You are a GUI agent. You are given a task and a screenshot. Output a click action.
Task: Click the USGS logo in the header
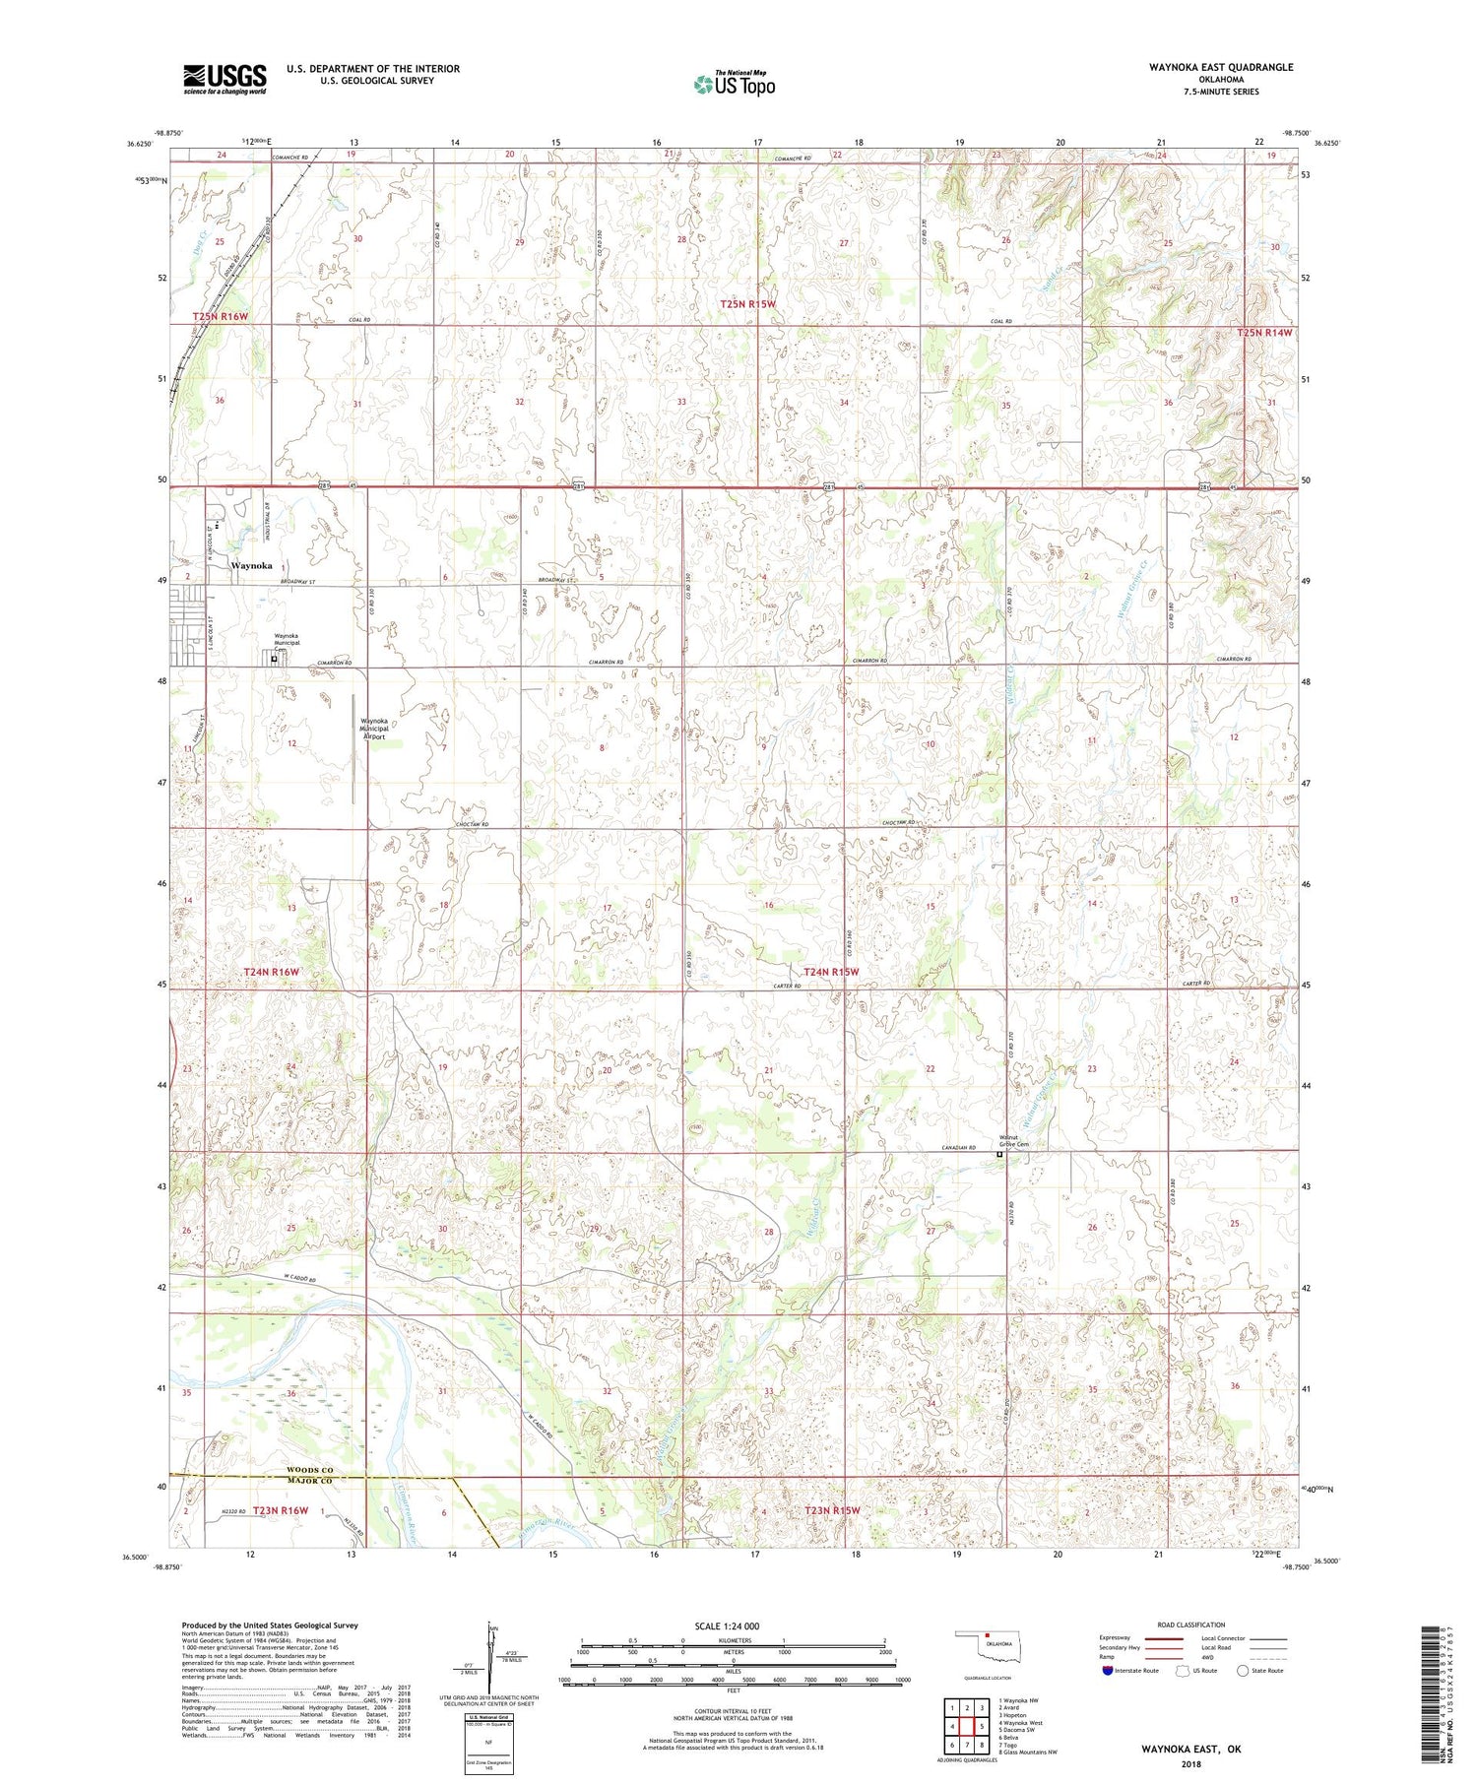point(225,79)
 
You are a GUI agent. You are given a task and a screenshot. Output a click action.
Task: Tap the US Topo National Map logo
point(734,84)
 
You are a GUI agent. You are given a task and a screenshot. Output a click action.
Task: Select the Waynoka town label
point(251,566)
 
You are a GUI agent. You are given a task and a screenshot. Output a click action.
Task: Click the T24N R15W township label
point(831,972)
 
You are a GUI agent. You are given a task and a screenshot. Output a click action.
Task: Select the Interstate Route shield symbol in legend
point(1107,1671)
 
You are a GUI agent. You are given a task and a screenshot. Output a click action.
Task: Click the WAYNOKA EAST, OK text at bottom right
point(1191,1751)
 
